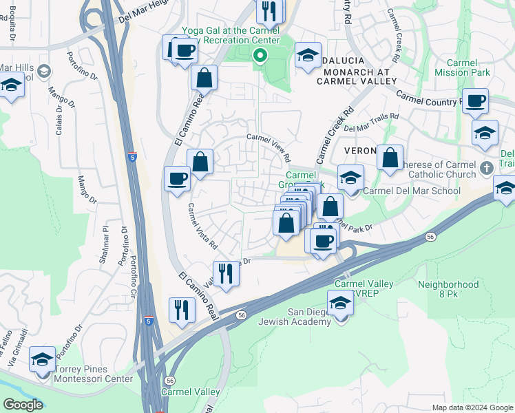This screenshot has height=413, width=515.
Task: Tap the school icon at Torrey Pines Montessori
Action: click(43, 359)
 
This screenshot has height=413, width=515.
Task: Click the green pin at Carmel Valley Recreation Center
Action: click(260, 56)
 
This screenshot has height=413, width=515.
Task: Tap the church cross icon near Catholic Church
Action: click(487, 167)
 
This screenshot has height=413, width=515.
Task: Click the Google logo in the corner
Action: click(23, 405)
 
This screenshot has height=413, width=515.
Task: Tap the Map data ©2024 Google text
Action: click(472, 407)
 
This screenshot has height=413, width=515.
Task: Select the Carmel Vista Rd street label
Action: click(202, 226)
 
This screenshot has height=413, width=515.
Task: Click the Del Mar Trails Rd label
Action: click(371, 123)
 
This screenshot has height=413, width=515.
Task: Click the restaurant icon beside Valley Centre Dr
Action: click(226, 273)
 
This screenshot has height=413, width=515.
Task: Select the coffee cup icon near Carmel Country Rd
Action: click(475, 100)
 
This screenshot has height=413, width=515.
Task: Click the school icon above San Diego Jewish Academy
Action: click(340, 302)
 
